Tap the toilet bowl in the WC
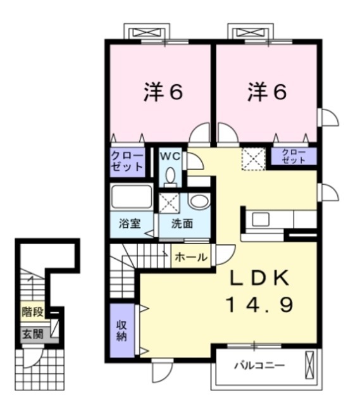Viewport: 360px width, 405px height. pyautogui.click(x=170, y=178)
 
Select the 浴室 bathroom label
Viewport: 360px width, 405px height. pyautogui.click(x=130, y=223)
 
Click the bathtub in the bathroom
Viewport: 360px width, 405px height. pyautogui.click(x=132, y=197)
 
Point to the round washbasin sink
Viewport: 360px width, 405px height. pyautogui.click(x=197, y=202)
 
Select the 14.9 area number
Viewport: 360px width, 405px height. pyautogui.click(x=259, y=306)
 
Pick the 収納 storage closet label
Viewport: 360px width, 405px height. pyautogui.click(x=121, y=330)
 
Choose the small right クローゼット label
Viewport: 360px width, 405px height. pyautogui.click(x=294, y=156)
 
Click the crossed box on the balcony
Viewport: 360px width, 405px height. pyautogui.click(x=309, y=366)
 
